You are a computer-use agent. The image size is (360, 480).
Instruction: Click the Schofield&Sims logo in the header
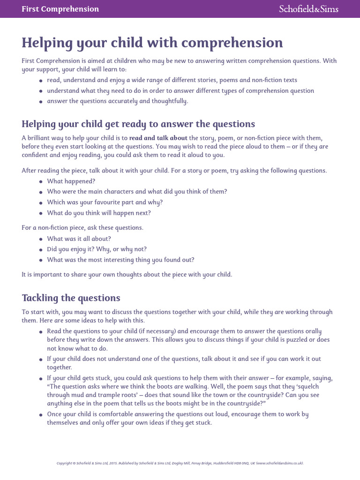tap(308, 9)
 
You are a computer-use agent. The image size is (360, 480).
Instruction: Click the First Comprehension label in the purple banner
tap(60, 9)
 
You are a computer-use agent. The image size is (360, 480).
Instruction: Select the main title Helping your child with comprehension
tap(152, 43)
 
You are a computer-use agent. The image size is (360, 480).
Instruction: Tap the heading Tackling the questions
tap(71, 298)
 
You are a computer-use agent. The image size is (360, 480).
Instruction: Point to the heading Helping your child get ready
tap(138, 124)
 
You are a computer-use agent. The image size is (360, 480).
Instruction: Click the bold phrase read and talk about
tap(158, 138)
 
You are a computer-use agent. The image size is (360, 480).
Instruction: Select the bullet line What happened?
tap(65, 181)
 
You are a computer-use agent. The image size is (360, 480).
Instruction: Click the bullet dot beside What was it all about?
tap(41, 239)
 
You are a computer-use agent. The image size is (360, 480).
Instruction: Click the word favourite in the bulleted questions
tap(108, 202)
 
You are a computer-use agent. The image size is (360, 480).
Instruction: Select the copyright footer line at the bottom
tap(180, 463)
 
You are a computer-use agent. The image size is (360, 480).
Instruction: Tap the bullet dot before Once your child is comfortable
tap(41, 415)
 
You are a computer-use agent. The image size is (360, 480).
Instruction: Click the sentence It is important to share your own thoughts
tap(127, 274)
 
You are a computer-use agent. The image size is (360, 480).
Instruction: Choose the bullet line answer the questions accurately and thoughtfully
tap(117, 101)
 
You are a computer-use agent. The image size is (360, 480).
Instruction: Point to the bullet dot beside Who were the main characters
tap(41, 192)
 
